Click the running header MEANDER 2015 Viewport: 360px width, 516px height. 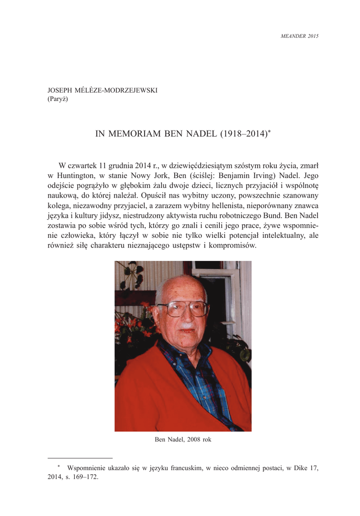299,36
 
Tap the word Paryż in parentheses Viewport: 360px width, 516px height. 57,99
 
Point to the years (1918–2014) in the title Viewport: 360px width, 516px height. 242,134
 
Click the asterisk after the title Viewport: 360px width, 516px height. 270,132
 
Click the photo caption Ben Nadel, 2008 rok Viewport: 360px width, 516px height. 183,439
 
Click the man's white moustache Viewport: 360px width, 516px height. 186,326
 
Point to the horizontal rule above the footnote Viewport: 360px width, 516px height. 80,459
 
